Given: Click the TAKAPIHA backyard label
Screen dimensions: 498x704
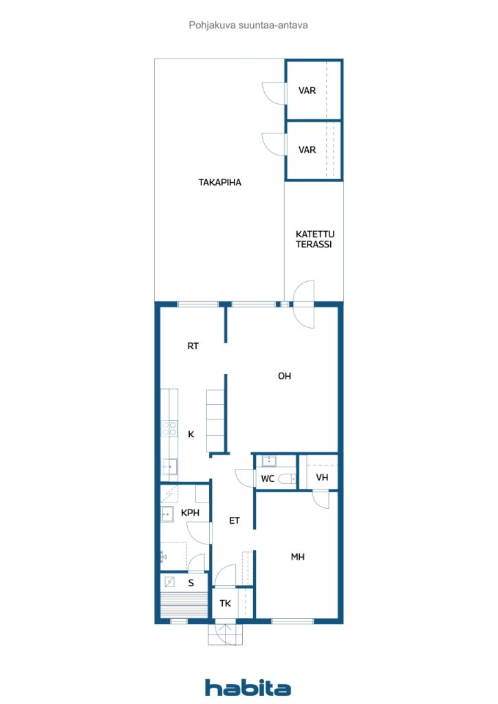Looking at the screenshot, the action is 220,182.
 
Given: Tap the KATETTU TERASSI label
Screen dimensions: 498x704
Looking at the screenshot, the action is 314,239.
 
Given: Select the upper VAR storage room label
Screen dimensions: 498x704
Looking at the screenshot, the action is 307,91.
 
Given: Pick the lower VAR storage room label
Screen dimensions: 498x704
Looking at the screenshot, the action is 307,150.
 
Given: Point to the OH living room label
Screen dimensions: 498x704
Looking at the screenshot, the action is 284,376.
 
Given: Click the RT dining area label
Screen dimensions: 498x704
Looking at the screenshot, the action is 193,346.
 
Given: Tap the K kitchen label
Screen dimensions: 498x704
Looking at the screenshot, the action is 191,434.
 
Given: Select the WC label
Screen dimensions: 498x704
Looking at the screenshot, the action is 268,478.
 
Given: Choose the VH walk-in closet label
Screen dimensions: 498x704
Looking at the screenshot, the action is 322,477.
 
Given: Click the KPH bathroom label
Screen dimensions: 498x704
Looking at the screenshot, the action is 191,513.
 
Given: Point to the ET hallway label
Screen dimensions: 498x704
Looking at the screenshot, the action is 235,521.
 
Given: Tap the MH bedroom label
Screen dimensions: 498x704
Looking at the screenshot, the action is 298,557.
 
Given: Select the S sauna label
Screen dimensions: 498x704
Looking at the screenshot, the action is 191,583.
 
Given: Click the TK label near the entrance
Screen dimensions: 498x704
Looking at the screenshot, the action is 226,604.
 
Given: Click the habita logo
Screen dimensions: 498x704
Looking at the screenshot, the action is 248,687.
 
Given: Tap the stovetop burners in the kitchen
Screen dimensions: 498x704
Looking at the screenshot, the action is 169,428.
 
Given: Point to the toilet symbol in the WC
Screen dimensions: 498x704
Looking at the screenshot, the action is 287,479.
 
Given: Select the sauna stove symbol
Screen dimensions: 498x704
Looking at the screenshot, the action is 169,582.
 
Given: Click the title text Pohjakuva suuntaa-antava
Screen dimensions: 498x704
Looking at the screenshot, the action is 248,25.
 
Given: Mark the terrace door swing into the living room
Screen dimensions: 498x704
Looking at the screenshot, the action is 303,305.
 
